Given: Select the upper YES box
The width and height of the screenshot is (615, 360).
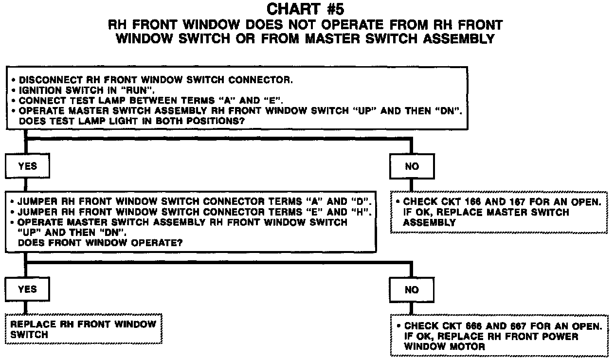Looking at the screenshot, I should tap(27, 166).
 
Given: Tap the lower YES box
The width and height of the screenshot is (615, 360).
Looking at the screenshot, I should tap(27, 289).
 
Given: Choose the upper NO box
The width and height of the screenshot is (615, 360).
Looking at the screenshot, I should tap(412, 166).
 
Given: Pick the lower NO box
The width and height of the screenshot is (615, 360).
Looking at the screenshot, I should tap(412, 289).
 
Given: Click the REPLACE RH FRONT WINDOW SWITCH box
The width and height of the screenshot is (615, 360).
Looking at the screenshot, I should tap(83, 329).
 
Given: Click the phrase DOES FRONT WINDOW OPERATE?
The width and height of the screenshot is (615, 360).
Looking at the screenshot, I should tap(100, 243).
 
